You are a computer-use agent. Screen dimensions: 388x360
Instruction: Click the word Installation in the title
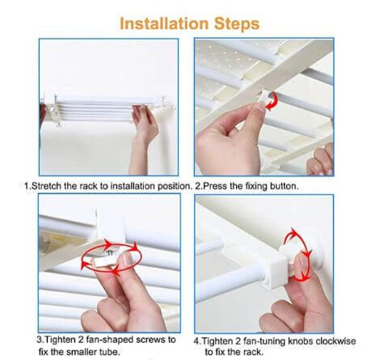coord(164,23)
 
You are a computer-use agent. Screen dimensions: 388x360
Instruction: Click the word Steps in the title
coord(237,24)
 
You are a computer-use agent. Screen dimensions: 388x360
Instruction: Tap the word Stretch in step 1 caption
coord(46,186)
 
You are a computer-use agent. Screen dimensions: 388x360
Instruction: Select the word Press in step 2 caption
coord(214,186)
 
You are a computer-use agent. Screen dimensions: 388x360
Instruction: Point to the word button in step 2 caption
coord(285,186)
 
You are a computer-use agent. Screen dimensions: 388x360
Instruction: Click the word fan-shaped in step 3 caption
coord(109,340)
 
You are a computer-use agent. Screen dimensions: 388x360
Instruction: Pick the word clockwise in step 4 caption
coord(335,341)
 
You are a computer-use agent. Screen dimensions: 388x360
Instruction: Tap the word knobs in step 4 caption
coord(301,341)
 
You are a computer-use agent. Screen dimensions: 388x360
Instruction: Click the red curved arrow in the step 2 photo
coord(273,102)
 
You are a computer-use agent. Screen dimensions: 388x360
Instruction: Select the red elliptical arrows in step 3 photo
coord(111,257)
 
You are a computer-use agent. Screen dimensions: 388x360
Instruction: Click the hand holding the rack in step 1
coord(144,135)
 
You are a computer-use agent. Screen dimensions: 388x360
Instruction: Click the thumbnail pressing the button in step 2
coord(260,108)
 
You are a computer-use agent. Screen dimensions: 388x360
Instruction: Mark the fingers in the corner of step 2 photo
coord(321,160)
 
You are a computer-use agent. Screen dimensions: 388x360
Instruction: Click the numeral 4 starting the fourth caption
coord(196,341)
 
